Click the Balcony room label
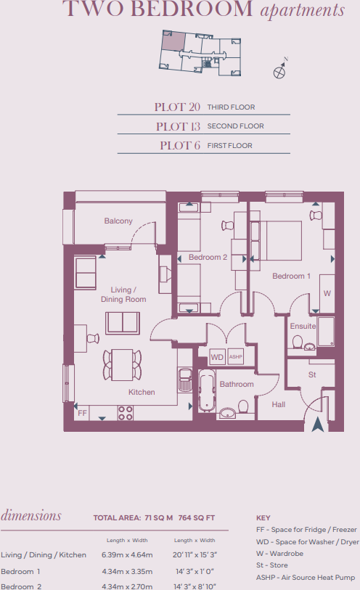point(118,221)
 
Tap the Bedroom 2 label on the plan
point(208,258)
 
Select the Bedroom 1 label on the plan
point(291,276)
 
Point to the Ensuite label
point(303,326)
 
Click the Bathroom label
point(237,384)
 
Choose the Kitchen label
point(142,392)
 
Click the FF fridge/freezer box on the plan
point(82,413)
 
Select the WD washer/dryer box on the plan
point(217,357)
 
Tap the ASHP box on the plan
point(235,357)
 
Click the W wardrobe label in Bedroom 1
point(327,293)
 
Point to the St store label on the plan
point(312,375)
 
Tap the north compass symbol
point(280,70)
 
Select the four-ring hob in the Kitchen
point(126,413)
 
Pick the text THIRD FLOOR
point(231,107)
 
